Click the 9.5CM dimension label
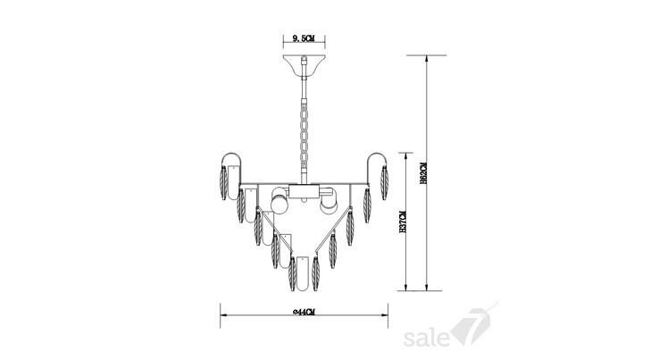click(304, 38)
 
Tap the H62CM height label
click(423, 172)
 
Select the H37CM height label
click(402, 222)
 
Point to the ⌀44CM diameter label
click(304, 312)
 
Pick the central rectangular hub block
click(304, 191)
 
